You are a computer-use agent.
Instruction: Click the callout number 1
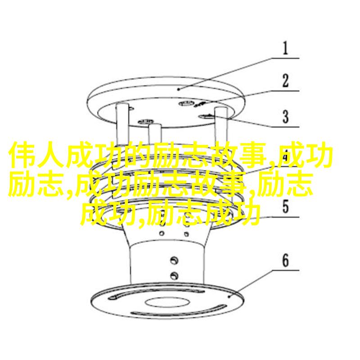285,48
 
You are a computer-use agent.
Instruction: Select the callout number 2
285,81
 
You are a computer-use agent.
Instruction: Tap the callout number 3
285,117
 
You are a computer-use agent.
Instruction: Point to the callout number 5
285,207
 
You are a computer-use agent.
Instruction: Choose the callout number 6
285,261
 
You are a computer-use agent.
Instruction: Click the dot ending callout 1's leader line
179,89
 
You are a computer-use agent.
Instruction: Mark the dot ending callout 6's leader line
229,297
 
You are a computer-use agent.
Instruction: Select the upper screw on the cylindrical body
174,261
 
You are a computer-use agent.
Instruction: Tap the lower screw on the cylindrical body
174,275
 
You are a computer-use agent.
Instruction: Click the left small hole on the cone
162,234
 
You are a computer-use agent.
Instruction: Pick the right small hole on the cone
186,234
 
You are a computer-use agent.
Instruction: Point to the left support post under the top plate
122,124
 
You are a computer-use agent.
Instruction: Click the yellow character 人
50,154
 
